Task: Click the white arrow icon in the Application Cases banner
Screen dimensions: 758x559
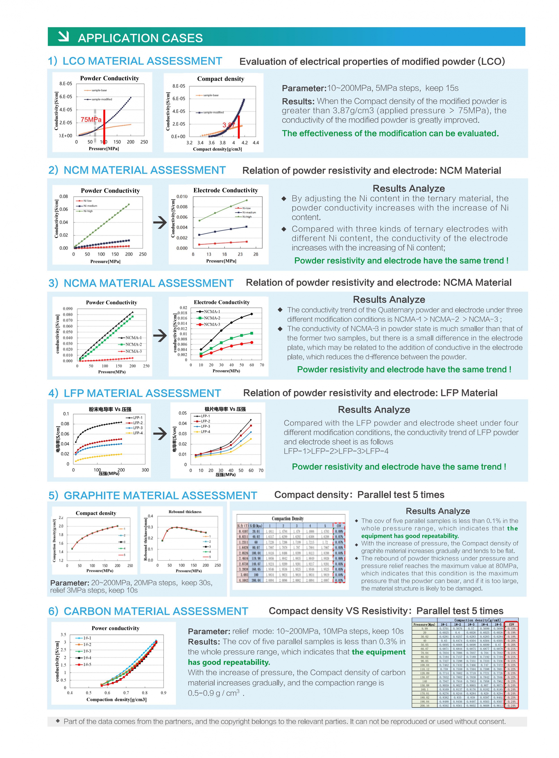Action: [63, 36]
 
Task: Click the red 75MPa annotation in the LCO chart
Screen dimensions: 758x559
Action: [91, 120]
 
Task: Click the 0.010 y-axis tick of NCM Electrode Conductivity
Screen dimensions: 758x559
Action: [182, 196]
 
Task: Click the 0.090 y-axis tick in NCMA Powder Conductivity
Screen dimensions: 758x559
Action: [68, 309]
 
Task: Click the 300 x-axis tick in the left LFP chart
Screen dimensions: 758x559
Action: [145, 470]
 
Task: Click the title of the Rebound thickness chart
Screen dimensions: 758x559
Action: [185, 512]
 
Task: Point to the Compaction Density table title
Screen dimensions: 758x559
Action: [288, 518]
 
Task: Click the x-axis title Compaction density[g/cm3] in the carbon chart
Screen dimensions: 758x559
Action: [116, 699]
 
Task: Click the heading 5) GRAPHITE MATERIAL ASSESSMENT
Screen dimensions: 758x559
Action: [153, 495]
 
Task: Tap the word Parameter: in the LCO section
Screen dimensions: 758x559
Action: [304, 88]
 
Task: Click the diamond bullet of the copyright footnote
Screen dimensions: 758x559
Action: [57, 721]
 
